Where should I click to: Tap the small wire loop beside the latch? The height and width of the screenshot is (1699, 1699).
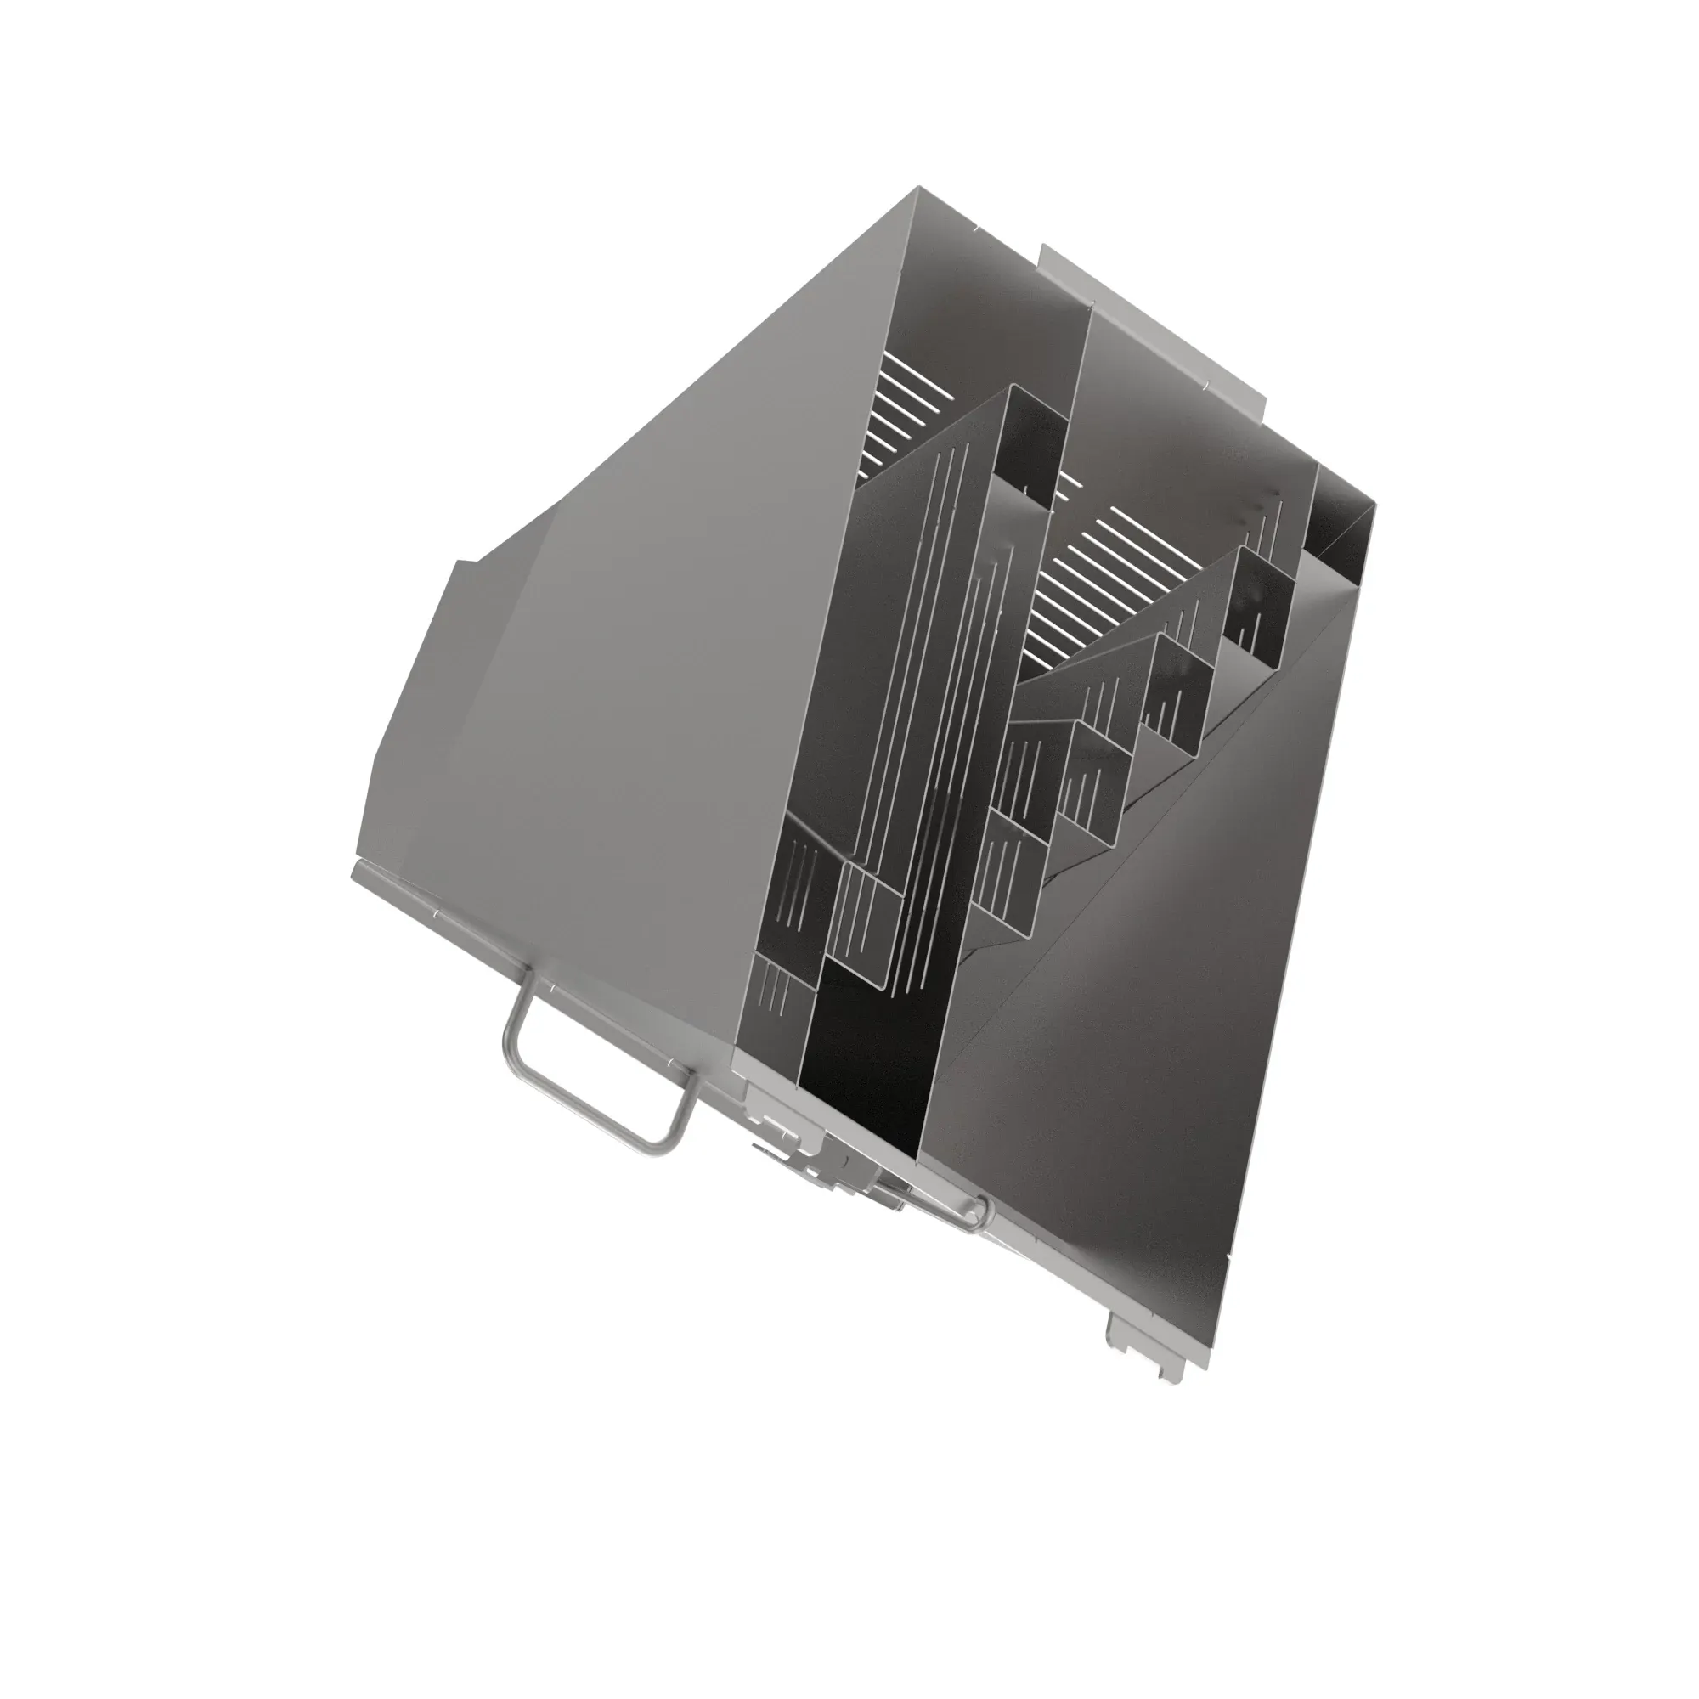coord(974,1217)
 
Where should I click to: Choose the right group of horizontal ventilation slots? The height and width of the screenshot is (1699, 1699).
coord(1108,580)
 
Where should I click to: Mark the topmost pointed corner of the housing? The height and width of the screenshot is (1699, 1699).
coord(918,189)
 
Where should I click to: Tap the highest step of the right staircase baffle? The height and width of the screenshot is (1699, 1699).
coord(1257,590)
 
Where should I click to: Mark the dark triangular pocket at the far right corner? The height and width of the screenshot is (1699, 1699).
coord(1336,519)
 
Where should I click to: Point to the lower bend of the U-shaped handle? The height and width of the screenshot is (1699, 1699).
coord(659,1143)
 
